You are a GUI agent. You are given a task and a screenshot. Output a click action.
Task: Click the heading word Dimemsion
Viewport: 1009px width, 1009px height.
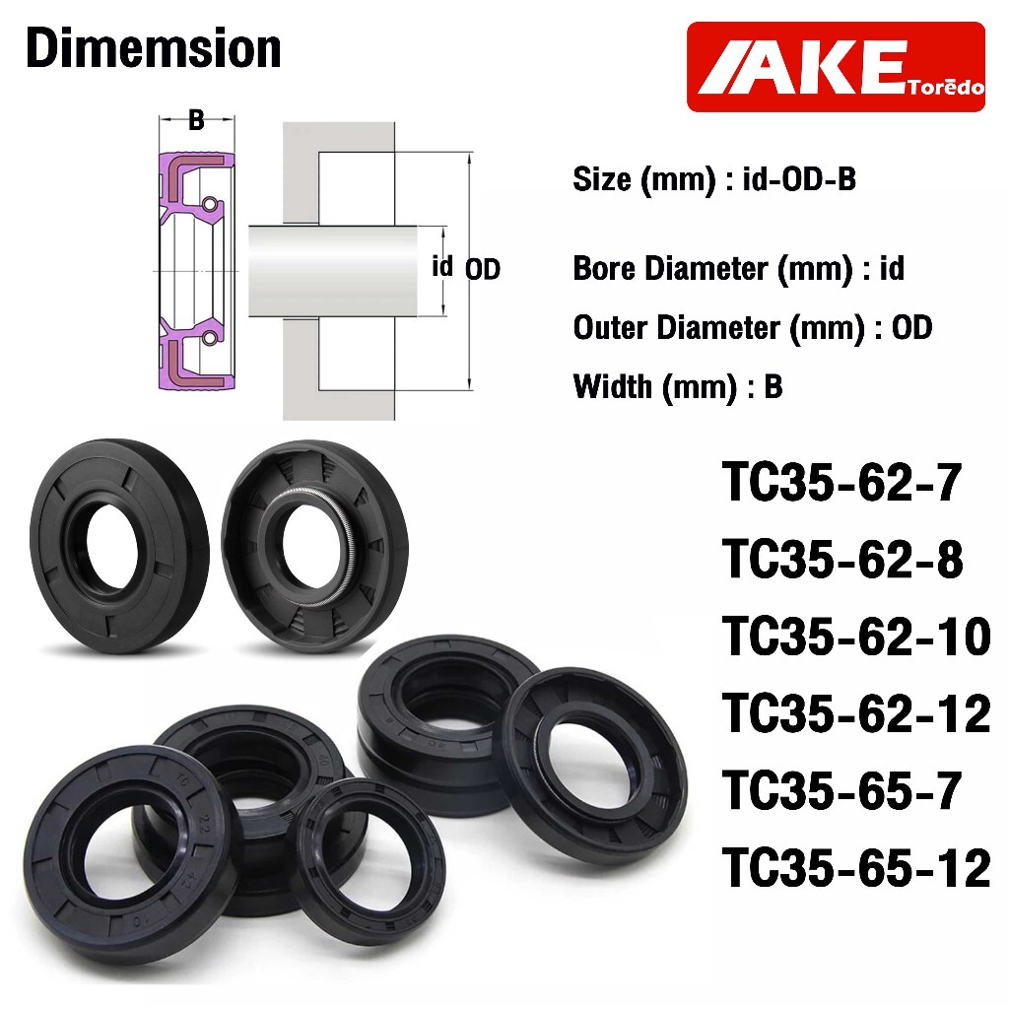click(154, 48)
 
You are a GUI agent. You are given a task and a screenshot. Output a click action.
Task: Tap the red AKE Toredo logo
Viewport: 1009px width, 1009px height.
click(836, 67)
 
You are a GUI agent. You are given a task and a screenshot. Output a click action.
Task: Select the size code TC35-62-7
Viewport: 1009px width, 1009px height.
click(842, 483)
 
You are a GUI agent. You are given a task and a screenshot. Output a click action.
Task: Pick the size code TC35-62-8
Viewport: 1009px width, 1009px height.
click(843, 560)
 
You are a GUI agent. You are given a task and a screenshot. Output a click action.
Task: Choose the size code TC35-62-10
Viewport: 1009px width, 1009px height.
click(856, 637)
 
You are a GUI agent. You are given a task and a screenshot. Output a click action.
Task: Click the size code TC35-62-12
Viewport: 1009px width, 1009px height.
click(856, 713)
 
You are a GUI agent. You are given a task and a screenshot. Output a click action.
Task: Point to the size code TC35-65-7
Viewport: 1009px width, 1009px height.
click(842, 791)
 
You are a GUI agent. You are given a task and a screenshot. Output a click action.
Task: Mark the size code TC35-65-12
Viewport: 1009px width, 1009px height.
click(856, 868)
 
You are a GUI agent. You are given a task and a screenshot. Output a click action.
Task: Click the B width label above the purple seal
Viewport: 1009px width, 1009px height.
click(196, 119)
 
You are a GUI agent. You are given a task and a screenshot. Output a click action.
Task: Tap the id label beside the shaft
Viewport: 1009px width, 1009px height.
click(442, 266)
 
